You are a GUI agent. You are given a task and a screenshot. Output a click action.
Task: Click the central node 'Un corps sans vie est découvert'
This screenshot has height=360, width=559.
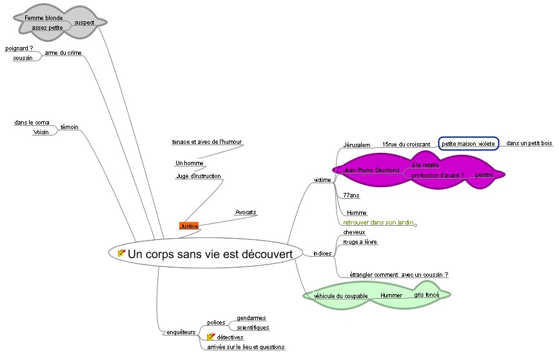[x=210, y=254]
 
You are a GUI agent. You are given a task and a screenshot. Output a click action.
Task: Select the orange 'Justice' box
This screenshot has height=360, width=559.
[x=189, y=226]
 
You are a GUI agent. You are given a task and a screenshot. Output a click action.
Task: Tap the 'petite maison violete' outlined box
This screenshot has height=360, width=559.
[x=468, y=144]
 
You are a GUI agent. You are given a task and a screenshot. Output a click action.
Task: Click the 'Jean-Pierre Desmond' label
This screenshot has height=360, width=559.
[x=371, y=170]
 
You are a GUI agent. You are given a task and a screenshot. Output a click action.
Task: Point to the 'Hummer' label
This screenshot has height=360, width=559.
[x=391, y=295]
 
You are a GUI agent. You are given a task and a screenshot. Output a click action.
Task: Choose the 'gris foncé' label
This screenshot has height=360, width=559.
[x=426, y=294]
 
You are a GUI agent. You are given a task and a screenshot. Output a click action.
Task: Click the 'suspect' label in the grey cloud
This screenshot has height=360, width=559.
[x=84, y=23]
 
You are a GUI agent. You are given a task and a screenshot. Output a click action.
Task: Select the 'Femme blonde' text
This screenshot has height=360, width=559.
[x=44, y=18]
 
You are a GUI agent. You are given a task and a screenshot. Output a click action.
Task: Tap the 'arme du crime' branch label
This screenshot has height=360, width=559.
[x=63, y=53]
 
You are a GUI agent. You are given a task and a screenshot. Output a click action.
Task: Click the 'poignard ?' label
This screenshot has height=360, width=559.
[x=19, y=48]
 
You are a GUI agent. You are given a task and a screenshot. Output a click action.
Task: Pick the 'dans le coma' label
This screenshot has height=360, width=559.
[x=32, y=122]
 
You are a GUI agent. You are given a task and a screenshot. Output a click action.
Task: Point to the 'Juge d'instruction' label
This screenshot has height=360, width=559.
[x=199, y=176]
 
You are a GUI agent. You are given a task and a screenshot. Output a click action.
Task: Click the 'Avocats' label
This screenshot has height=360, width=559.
[x=246, y=212]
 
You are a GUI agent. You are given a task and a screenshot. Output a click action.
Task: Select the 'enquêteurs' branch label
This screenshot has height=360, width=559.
[x=181, y=332]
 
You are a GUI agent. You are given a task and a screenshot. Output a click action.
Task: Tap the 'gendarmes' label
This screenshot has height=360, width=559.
[x=251, y=318]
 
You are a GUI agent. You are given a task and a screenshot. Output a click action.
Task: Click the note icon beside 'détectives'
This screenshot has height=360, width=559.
[x=210, y=337]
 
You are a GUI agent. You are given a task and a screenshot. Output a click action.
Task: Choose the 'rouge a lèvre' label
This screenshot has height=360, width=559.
[x=360, y=242]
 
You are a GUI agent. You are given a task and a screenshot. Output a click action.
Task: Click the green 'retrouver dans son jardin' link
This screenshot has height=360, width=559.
[x=378, y=222]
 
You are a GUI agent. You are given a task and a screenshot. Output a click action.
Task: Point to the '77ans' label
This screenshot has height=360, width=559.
[x=351, y=195]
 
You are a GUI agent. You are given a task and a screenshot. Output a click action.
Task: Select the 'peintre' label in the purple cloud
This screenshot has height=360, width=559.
[x=484, y=175]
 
